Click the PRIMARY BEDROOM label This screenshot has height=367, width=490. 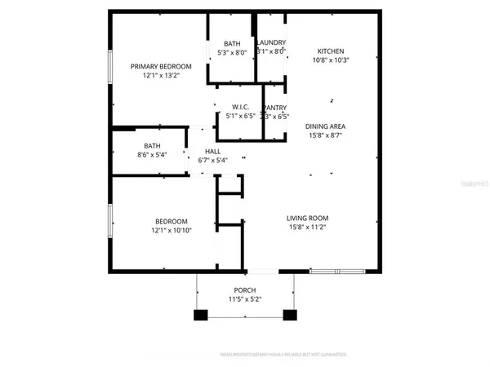[x=162, y=66]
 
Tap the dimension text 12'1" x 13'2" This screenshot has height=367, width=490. [x=162, y=76]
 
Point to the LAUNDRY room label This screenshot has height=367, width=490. [x=271, y=42]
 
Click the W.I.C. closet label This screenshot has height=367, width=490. [x=240, y=107]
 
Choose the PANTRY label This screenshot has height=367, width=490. [x=274, y=107]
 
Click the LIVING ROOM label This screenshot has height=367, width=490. [x=307, y=218]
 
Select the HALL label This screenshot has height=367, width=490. [x=212, y=151]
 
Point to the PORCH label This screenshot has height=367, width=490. [x=245, y=290]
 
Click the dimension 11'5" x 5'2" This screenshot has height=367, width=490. [x=245, y=300]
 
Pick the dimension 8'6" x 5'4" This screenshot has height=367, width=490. [x=152, y=155]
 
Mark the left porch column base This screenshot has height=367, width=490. [x=200, y=315]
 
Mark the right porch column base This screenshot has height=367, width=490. [x=289, y=315]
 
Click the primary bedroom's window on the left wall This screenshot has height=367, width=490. [x=111, y=66]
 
